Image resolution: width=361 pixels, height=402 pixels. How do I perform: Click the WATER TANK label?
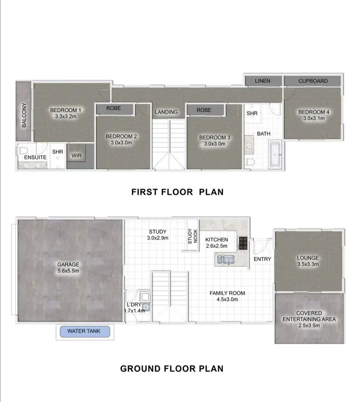click(x=84, y=331)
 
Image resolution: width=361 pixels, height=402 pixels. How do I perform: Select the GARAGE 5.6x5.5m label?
click(x=67, y=268)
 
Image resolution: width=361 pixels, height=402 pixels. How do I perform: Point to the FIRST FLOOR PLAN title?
click(x=177, y=192)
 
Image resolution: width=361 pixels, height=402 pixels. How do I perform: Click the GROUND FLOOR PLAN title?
click(x=171, y=369)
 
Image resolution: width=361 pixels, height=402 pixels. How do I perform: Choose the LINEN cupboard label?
click(x=262, y=81)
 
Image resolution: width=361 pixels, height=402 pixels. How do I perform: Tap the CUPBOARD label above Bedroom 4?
click(x=313, y=81)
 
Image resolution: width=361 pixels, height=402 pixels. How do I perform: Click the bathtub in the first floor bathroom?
click(x=276, y=155)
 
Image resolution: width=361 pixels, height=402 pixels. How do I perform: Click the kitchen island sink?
click(x=227, y=260)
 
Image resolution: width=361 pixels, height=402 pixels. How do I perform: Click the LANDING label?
click(x=167, y=112)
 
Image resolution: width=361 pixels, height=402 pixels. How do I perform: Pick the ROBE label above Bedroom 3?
click(x=204, y=110)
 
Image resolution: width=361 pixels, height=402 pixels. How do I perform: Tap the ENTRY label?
click(x=262, y=259)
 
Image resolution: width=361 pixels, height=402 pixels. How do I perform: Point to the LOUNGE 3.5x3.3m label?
click(x=308, y=261)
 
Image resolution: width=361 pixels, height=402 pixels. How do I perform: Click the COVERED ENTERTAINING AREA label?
click(x=309, y=316)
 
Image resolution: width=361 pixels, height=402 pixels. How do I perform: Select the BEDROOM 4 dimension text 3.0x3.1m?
click(x=314, y=119)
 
